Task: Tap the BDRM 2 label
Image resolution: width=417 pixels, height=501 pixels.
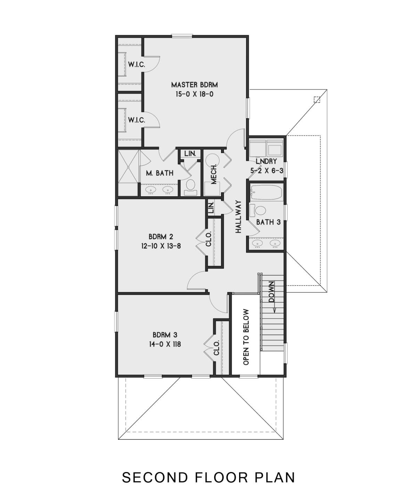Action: (161, 237)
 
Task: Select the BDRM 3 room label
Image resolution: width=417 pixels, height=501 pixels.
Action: (165, 335)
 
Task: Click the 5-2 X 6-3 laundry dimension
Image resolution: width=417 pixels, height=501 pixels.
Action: (266, 170)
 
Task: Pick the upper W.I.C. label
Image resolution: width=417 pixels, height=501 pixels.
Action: (137, 64)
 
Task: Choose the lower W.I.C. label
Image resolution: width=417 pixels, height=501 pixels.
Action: (137, 120)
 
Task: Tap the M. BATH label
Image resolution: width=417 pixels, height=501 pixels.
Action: (160, 173)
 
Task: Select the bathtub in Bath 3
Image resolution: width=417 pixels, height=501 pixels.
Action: (267, 192)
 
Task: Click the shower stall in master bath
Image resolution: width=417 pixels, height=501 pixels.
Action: (129, 173)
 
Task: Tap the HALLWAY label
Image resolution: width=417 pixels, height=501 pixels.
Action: (238, 216)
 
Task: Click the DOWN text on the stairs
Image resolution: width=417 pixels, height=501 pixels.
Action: (271, 292)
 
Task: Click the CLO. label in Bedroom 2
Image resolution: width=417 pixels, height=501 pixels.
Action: (208, 239)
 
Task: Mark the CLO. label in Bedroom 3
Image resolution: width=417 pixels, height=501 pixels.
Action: (216, 348)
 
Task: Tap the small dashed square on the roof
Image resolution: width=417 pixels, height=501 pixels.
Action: (317, 100)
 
